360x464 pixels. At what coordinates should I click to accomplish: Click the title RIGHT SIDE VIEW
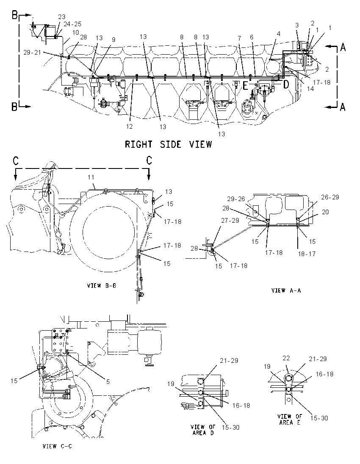[x=168, y=144]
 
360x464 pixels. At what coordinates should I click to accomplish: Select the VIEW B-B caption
[x=101, y=286]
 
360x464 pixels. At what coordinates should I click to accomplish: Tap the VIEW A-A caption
[x=286, y=290]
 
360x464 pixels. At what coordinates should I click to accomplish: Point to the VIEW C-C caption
[x=57, y=446]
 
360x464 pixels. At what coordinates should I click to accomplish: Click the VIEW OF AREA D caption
[x=203, y=430]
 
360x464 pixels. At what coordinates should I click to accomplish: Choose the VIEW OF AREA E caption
[x=290, y=420]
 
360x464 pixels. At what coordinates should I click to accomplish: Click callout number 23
[x=61, y=17]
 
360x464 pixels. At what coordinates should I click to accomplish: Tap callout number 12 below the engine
[x=129, y=126]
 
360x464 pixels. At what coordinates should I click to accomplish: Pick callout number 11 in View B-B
[x=91, y=177]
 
